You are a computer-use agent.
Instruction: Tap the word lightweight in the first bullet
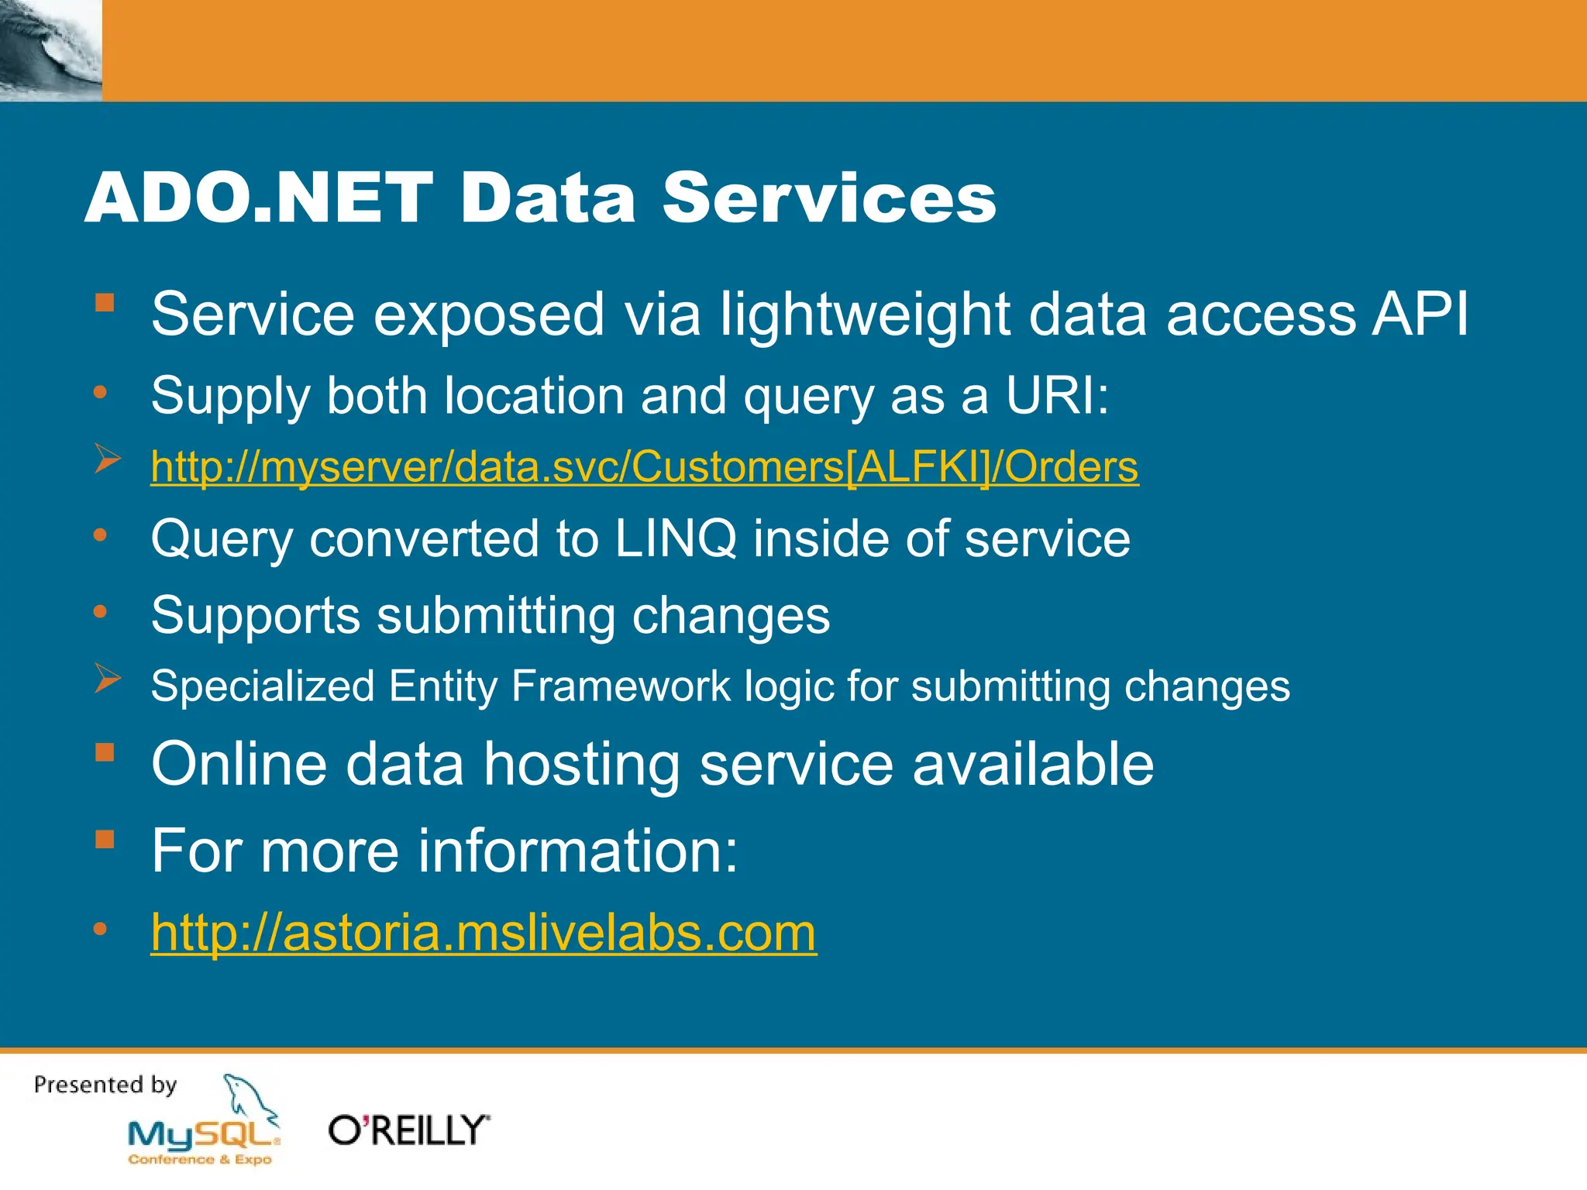[865, 315]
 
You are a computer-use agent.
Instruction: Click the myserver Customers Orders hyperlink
[644, 467]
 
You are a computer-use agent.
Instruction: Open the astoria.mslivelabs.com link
[484, 932]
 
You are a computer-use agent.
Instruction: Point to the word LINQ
[675, 538]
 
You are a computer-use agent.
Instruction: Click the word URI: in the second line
[1057, 396]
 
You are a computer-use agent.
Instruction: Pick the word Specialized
[263, 686]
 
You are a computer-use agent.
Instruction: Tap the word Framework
[621, 686]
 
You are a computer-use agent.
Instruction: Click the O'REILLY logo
[409, 1130]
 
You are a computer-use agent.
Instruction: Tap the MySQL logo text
[203, 1135]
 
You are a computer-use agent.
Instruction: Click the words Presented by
[105, 1085]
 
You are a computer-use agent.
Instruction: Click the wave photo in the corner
[50, 50]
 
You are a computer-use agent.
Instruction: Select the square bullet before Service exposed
[105, 302]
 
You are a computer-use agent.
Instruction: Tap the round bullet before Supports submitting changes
[100, 613]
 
